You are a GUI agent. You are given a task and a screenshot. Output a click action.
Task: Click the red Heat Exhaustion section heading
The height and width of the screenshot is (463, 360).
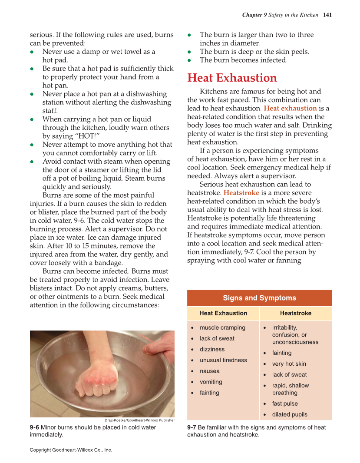click(232, 78)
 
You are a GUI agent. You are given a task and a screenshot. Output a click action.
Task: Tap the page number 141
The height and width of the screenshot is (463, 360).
click(327, 15)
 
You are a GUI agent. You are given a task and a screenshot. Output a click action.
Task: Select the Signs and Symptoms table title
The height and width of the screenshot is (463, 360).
click(259, 298)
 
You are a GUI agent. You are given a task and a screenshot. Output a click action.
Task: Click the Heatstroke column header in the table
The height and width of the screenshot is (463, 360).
click(295, 313)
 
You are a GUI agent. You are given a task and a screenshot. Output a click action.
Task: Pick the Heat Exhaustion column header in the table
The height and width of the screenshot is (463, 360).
click(223, 313)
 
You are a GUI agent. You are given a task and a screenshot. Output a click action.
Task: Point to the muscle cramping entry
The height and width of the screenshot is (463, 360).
click(222, 327)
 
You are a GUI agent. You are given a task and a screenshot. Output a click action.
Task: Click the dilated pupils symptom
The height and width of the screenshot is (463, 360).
click(290, 414)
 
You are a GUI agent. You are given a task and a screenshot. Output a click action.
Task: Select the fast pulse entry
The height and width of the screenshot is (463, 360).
click(285, 403)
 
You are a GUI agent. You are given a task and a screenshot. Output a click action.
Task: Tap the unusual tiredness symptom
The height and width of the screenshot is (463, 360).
click(223, 360)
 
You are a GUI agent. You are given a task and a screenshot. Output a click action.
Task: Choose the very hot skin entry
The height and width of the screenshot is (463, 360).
click(289, 364)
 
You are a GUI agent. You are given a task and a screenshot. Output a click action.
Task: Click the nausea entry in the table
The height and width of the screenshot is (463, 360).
click(210, 371)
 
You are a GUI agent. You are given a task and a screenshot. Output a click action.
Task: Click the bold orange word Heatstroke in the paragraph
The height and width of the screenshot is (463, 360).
click(241, 193)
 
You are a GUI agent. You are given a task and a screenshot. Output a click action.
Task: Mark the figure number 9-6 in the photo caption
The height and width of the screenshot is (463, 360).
click(34, 427)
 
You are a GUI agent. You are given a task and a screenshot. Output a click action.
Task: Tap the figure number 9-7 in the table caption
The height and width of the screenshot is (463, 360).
click(192, 427)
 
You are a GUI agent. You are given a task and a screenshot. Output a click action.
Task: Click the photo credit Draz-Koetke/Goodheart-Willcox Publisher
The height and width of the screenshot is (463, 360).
click(139, 420)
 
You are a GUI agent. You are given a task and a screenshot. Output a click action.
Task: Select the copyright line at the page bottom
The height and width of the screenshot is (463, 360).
click(71, 450)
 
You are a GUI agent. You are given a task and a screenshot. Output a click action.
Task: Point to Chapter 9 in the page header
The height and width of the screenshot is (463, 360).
click(254, 15)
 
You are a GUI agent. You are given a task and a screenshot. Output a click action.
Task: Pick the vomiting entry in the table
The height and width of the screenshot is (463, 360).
click(211, 382)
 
